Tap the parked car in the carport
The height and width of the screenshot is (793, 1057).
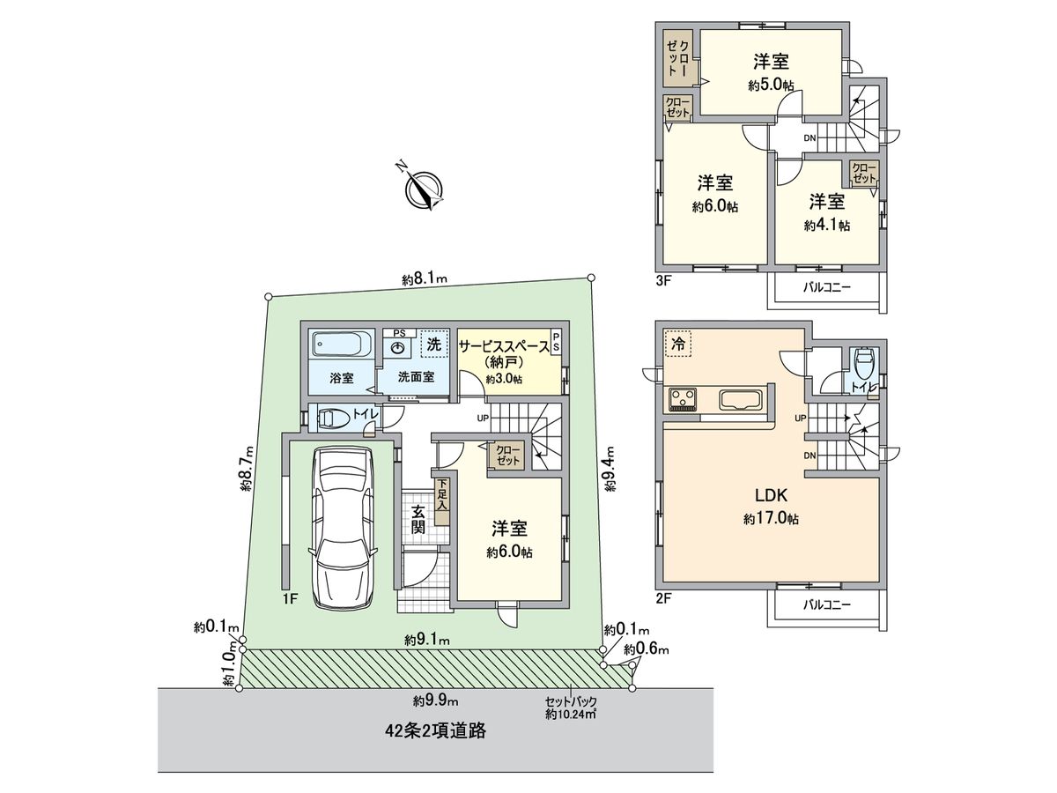(339, 527)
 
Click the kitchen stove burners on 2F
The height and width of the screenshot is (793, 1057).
(684, 400)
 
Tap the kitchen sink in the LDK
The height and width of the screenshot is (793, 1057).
(741, 400)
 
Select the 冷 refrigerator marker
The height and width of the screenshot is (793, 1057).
(678, 344)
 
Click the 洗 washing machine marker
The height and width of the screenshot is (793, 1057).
(434, 345)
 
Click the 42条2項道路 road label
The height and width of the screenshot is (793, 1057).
(436, 730)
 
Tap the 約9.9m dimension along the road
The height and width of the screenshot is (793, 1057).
(436, 701)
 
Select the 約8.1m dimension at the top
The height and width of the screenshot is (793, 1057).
(425, 280)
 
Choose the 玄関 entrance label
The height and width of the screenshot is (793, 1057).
(418, 519)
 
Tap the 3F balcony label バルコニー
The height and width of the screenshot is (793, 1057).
(827, 288)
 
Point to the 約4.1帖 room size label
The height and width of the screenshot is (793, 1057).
(827, 226)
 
